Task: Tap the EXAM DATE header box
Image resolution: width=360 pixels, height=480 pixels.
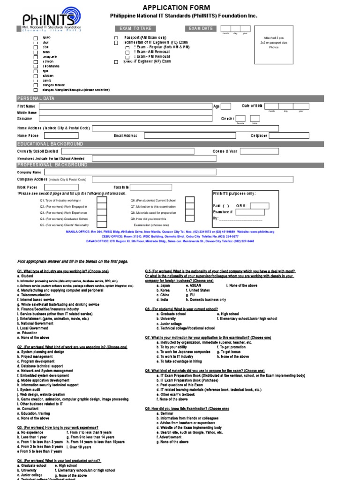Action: [x=201, y=29]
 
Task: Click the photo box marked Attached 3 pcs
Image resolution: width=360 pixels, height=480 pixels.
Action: [x=273, y=44]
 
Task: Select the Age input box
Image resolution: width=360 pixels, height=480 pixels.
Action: [x=225, y=106]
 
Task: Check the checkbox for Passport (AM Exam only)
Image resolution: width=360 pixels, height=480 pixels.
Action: [x=116, y=37]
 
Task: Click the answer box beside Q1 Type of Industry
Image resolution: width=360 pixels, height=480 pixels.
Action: [x=101, y=200]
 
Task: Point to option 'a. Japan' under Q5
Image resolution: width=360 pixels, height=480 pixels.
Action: [x=165, y=285]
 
